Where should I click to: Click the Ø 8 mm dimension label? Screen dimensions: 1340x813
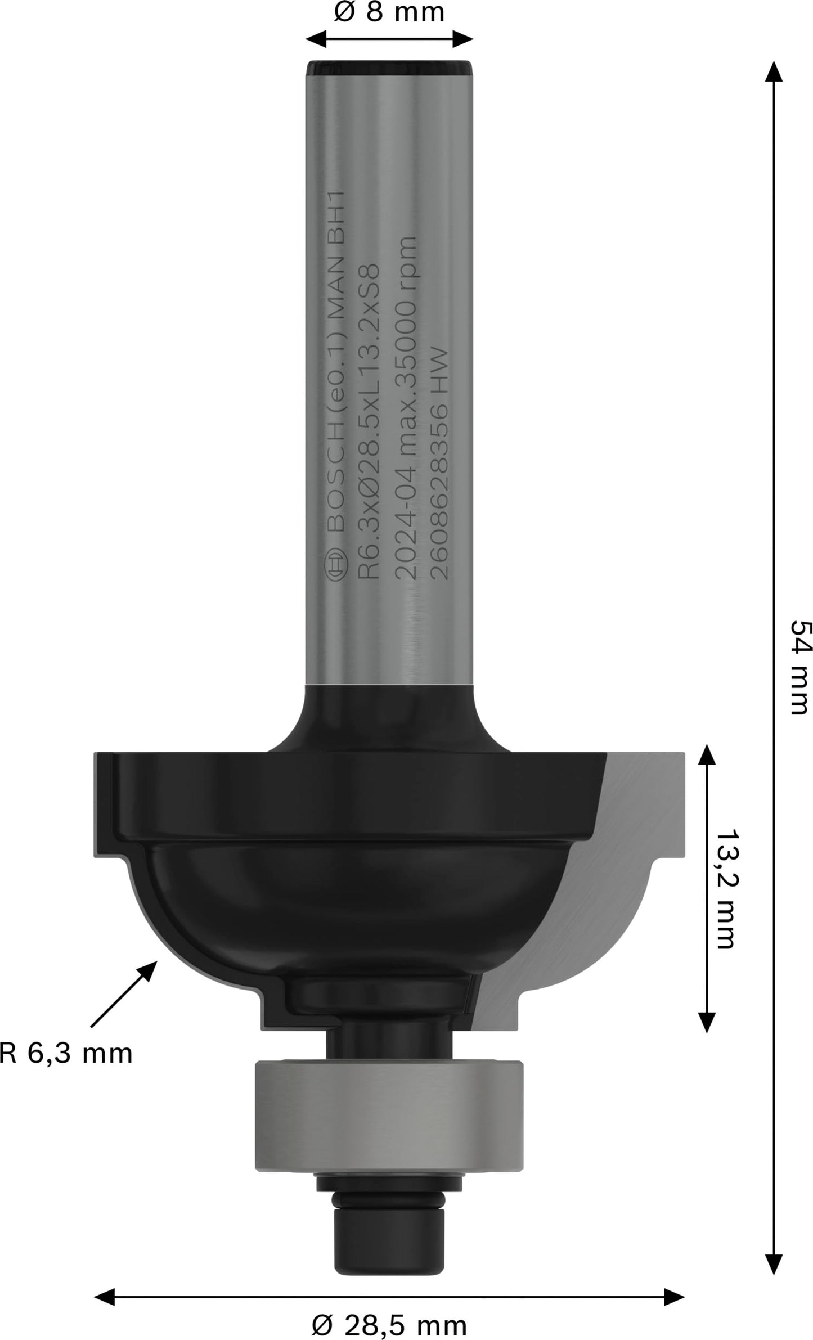(389, 12)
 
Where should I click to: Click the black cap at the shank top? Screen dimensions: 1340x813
(389, 68)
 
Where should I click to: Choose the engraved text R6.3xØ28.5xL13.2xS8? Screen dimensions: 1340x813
(372, 422)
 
